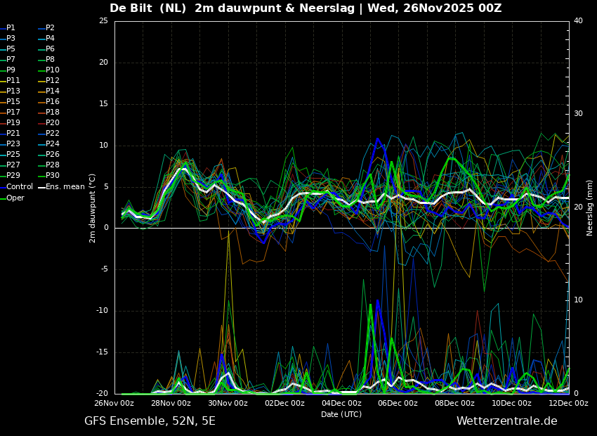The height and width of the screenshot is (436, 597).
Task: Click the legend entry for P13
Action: [x=11, y=91]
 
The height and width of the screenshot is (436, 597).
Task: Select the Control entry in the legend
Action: [x=16, y=186]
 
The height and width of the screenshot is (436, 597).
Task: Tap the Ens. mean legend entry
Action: [x=61, y=186]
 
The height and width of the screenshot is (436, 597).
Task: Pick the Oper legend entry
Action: [x=13, y=198]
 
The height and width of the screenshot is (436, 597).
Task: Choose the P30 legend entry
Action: [x=49, y=175]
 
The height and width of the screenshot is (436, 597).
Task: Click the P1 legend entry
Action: [x=8, y=27]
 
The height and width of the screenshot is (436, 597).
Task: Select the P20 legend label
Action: [x=49, y=122]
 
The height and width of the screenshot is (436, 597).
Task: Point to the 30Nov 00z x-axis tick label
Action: [x=228, y=403]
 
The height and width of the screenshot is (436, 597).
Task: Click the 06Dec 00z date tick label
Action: [x=398, y=403]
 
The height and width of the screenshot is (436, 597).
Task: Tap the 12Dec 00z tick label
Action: [x=568, y=403]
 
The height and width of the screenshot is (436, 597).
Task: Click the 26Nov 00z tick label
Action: [x=114, y=403]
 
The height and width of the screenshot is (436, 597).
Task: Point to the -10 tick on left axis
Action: [x=103, y=311]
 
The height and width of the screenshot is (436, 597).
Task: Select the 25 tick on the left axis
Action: [x=103, y=20]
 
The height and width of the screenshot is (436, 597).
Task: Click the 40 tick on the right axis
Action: [x=578, y=20]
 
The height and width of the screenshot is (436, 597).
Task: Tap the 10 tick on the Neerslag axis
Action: [x=578, y=300]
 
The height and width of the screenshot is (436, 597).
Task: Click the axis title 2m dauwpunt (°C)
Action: [x=92, y=208]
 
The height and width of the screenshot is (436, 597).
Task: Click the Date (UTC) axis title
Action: [x=341, y=414]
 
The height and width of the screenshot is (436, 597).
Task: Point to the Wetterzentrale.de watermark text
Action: [x=507, y=421]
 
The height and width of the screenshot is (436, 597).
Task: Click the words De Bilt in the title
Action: [x=131, y=8]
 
